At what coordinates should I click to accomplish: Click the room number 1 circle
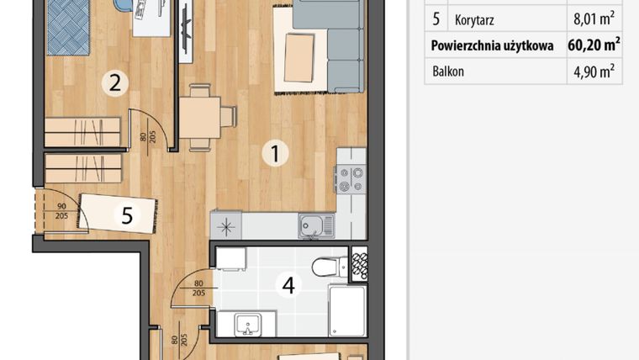[x=276, y=154]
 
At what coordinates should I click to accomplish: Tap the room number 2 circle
[x=115, y=83]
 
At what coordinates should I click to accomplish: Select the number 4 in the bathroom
[x=288, y=285]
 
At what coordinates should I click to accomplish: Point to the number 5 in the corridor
[x=127, y=214]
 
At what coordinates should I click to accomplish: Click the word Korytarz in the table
[x=474, y=20]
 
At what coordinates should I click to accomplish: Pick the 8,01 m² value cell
[x=594, y=19]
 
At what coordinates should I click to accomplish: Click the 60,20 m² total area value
[x=594, y=45]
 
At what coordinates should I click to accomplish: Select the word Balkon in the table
[x=448, y=71]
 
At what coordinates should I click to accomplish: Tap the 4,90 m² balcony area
[x=594, y=71]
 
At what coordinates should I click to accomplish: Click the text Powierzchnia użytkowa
[x=493, y=45]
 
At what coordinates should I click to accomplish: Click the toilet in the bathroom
[x=330, y=267]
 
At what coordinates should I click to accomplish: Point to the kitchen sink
[x=316, y=226]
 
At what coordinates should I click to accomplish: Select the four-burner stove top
[x=351, y=179]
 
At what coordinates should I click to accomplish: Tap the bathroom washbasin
[x=248, y=324]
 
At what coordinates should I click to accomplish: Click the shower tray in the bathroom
[x=347, y=310]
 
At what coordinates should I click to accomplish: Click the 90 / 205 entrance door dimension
[x=61, y=211]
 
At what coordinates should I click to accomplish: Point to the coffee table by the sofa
[x=299, y=58]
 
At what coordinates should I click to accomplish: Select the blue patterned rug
[x=68, y=28]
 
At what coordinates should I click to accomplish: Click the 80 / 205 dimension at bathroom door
[x=198, y=289]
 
